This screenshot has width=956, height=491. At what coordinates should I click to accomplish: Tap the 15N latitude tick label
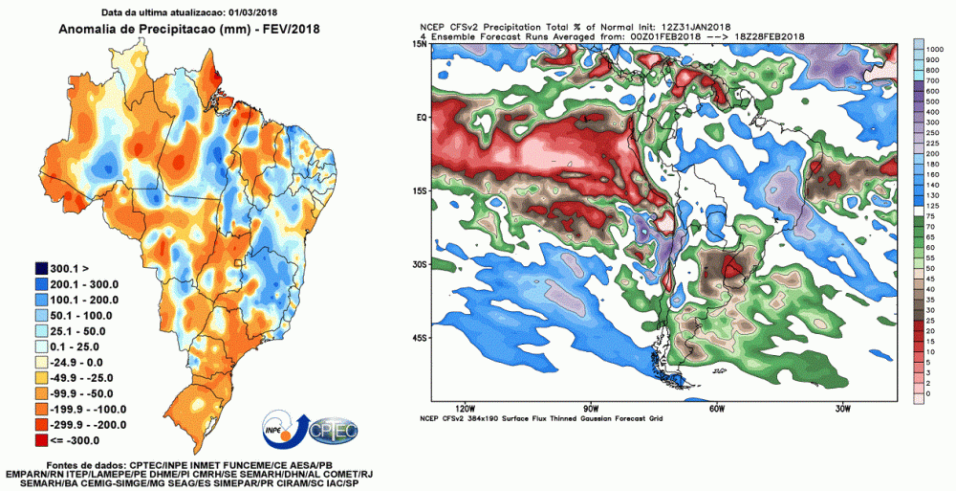click(x=419, y=45)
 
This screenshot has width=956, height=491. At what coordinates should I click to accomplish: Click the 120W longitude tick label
click(x=468, y=408)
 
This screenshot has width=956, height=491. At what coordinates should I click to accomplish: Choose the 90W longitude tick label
click(x=590, y=408)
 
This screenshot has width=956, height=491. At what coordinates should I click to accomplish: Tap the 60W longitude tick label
click(x=714, y=408)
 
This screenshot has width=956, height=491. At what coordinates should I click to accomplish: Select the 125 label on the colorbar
click(x=932, y=205)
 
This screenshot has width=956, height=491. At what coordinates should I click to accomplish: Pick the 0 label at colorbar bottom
click(x=928, y=394)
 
